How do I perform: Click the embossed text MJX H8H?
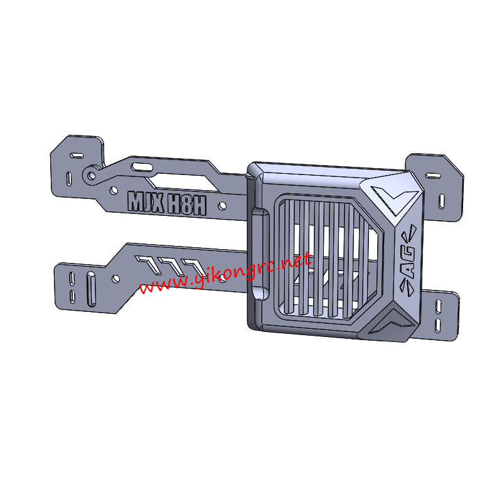coord(167,202)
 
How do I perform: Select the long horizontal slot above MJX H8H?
coord(144,167)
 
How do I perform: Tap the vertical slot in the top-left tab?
coord(68,179)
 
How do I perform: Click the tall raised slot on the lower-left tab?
coord(92,288)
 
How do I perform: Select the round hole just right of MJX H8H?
coord(222,205)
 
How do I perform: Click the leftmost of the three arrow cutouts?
coord(148,263)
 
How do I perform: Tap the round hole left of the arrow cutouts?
coord(115,277)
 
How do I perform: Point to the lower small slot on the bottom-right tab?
coord(439,324)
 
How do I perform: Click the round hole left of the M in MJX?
coord(114,189)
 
